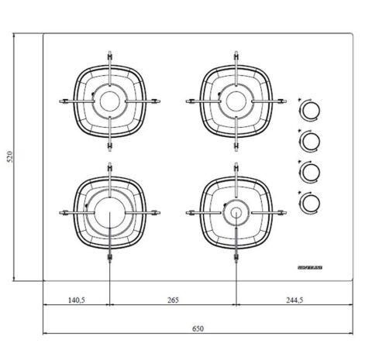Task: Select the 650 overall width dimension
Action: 198,328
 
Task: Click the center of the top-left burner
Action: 110,100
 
